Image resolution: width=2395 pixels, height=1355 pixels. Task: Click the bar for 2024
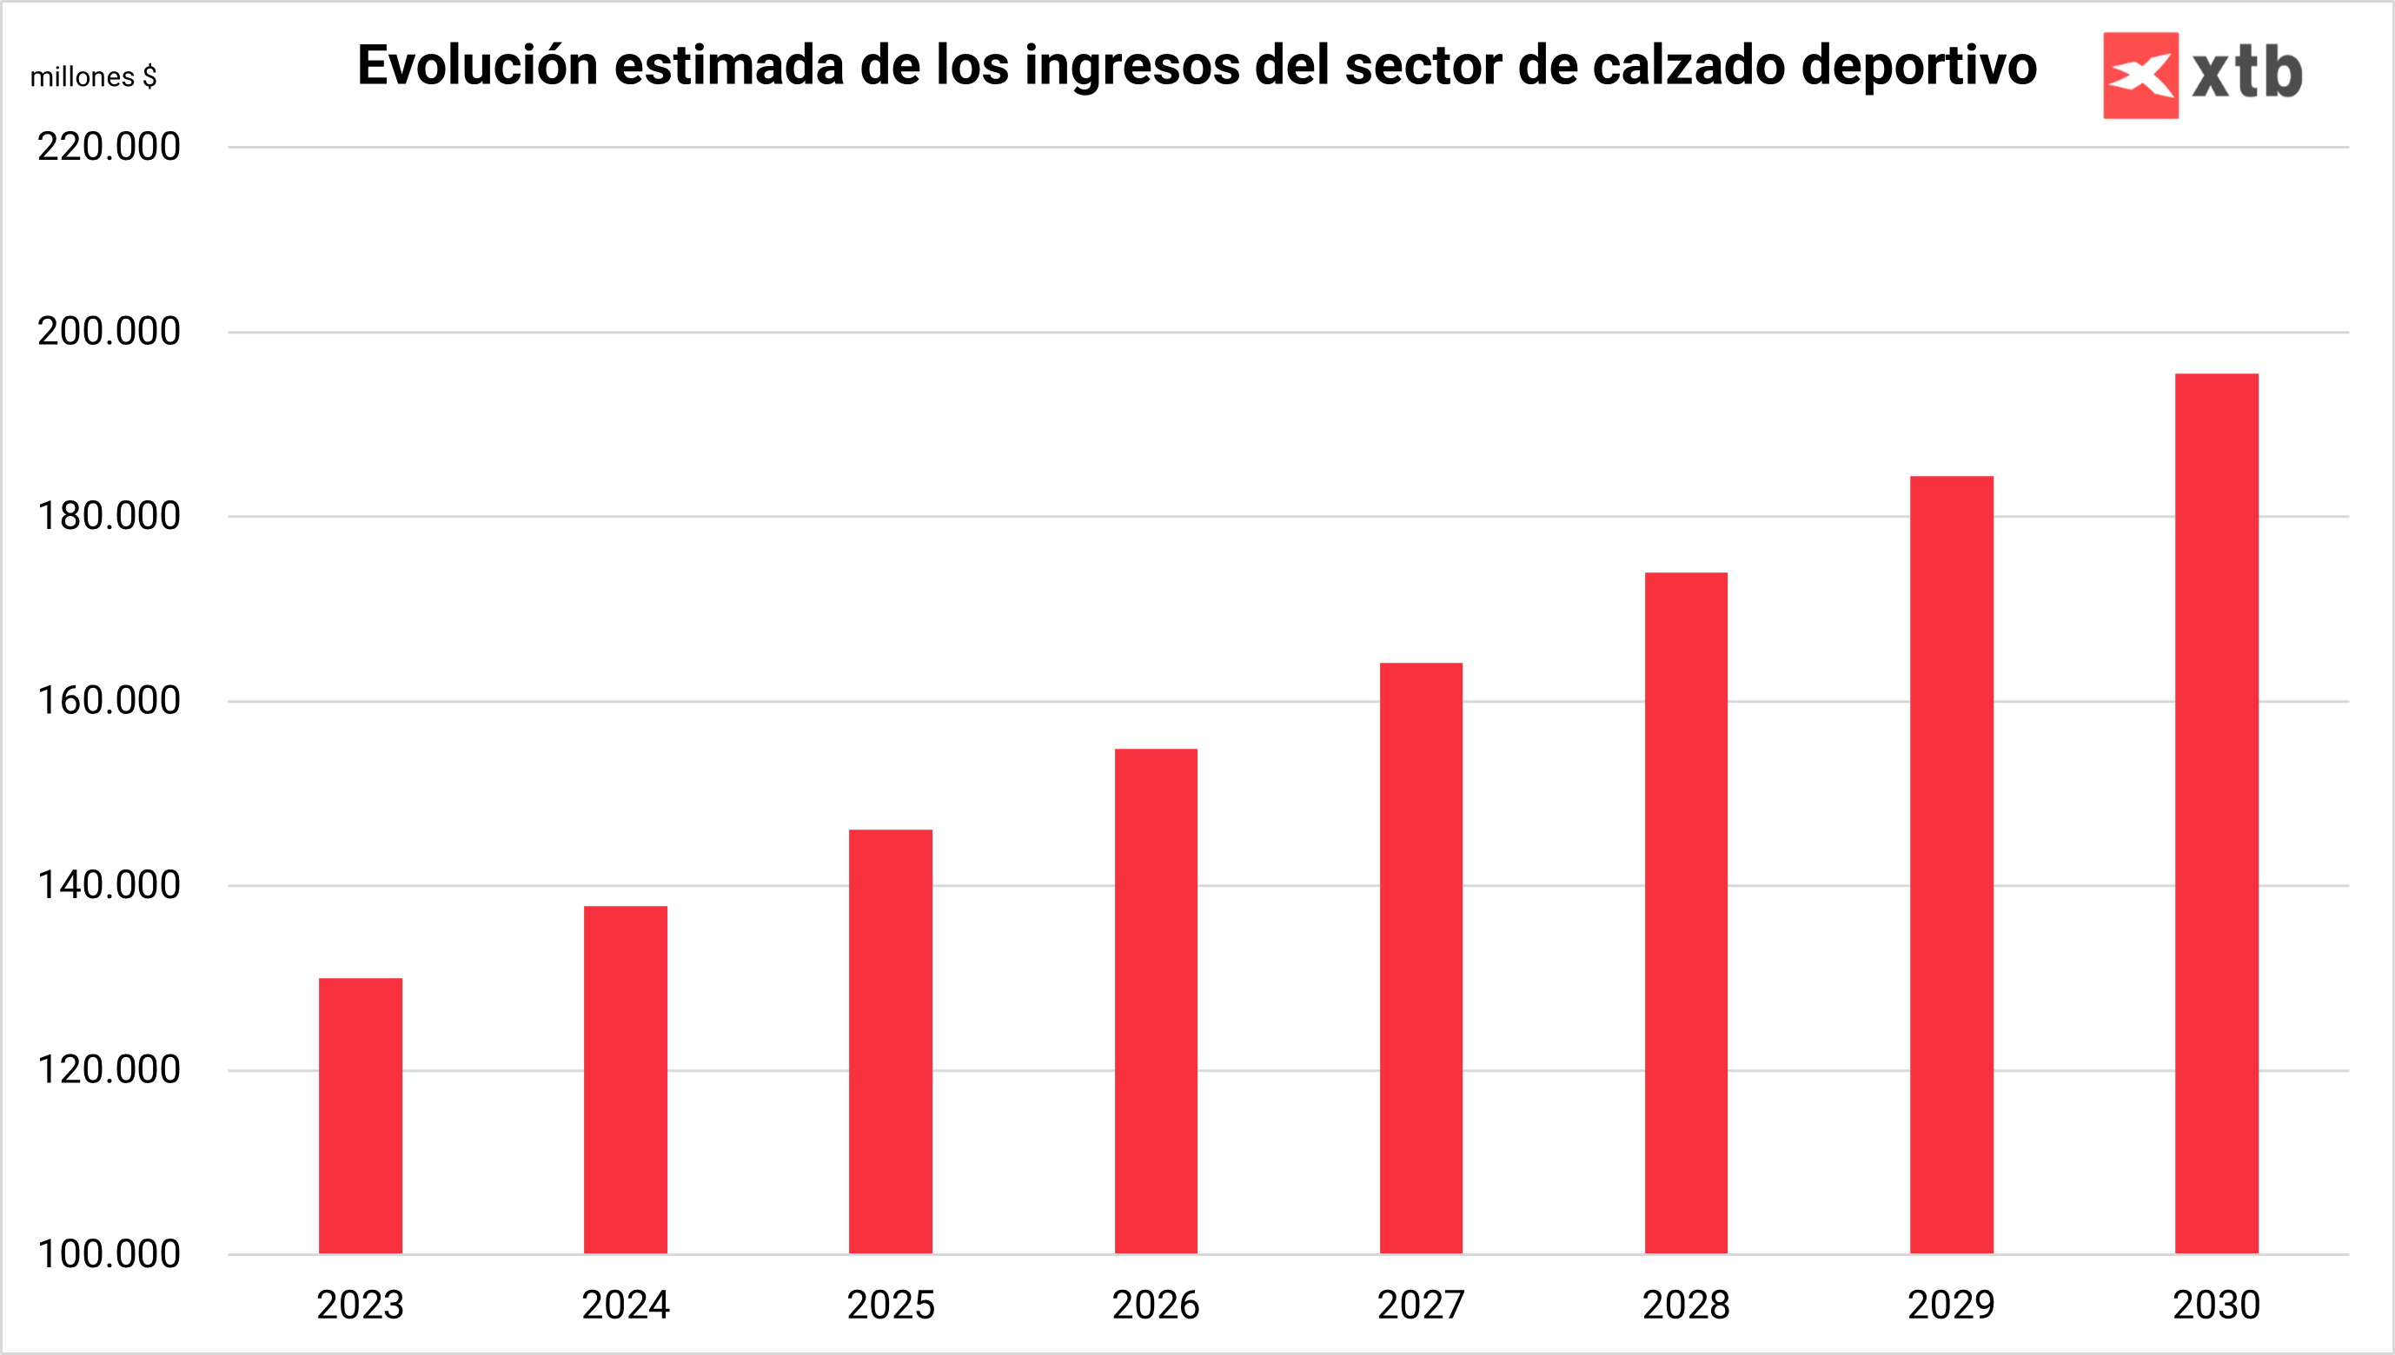point(626,1080)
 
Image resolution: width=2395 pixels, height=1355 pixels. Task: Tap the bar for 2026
point(1155,1001)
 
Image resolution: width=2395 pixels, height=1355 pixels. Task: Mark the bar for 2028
point(1686,912)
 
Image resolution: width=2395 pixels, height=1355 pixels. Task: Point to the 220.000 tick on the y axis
point(109,147)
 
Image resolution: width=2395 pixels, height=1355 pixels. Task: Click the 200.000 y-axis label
point(109,331)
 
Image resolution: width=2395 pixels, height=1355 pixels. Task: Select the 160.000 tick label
point(109,701)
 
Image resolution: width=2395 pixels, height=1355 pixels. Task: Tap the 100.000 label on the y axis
point(109,1254)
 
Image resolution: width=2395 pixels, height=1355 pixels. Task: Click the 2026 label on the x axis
point(1155,1305)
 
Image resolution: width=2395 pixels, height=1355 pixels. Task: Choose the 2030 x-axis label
point(2216,1305)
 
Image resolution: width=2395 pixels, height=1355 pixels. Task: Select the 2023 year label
point(361,1305)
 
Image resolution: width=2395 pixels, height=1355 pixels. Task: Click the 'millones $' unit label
point(93,76)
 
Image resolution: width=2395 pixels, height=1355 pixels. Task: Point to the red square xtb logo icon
point(2140,76)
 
